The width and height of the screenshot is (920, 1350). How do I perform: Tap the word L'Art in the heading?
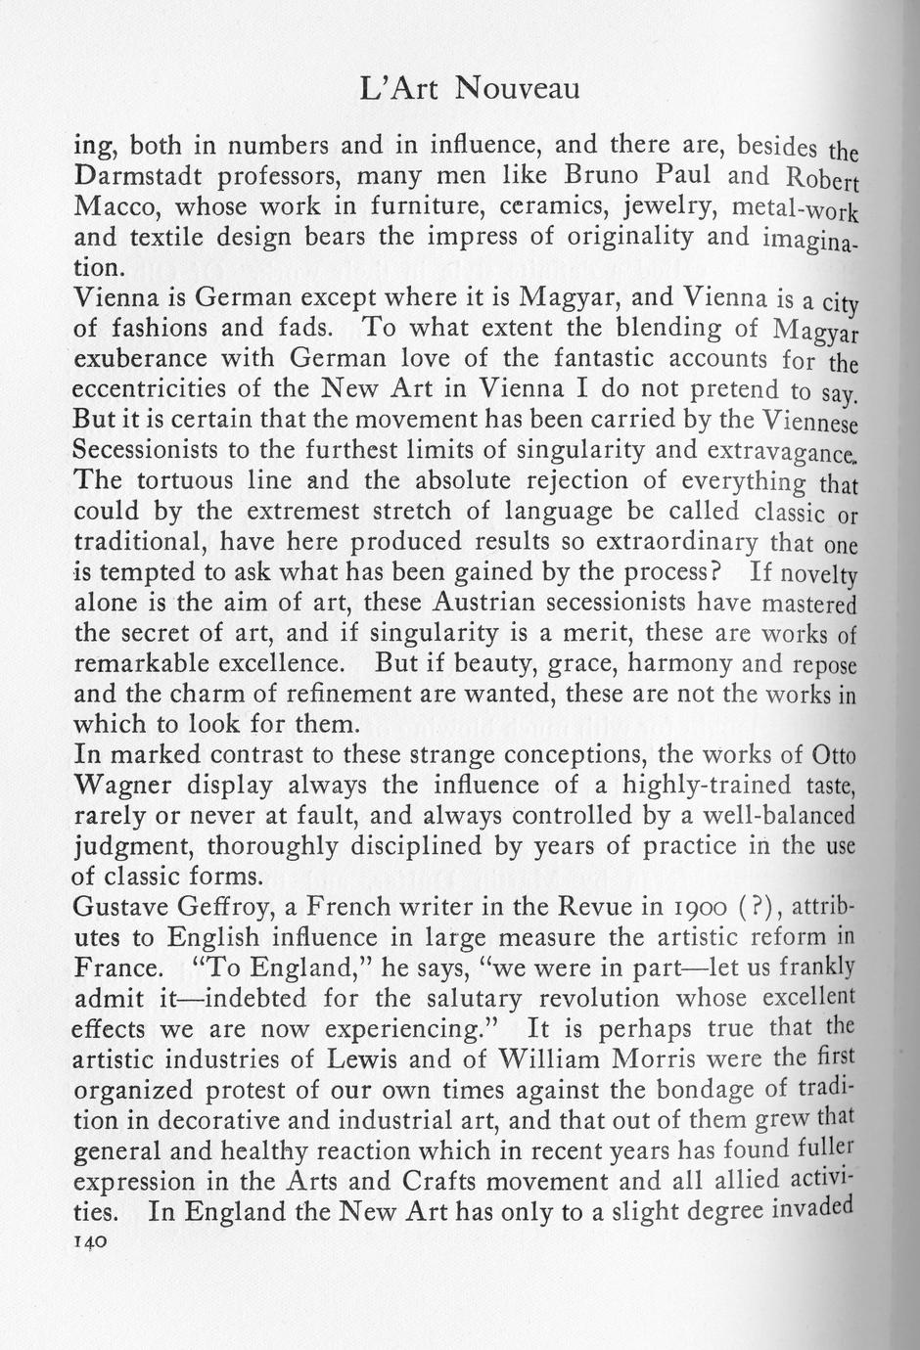398,89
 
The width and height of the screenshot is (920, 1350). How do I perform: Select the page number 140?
90,1239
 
